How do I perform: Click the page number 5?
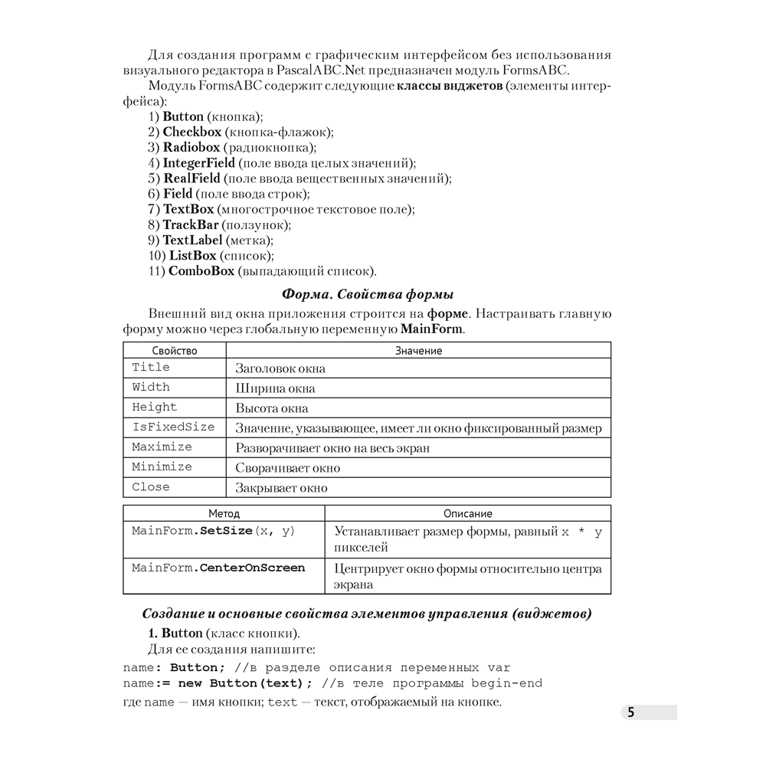[630, 713]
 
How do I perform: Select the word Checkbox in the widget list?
[191, 132]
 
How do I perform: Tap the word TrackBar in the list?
[190, 225]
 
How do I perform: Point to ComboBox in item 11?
[201, 271]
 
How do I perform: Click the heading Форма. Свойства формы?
[368, 294]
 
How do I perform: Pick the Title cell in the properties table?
[151, 368]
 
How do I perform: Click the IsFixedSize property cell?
[173, 427]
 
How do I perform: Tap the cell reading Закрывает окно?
[281, 488]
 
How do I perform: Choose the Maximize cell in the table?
[162, 447]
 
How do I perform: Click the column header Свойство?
[174, 351]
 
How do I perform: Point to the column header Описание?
[467, 514]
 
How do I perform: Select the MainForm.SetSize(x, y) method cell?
[213, 532]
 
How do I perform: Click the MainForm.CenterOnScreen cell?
[218, 568]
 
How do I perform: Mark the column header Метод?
[224, 514]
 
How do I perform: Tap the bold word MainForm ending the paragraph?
[431, 329]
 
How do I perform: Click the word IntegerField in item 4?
[198, 163]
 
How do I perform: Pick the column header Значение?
[418, 351]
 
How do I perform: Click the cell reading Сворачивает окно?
[287, 468]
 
